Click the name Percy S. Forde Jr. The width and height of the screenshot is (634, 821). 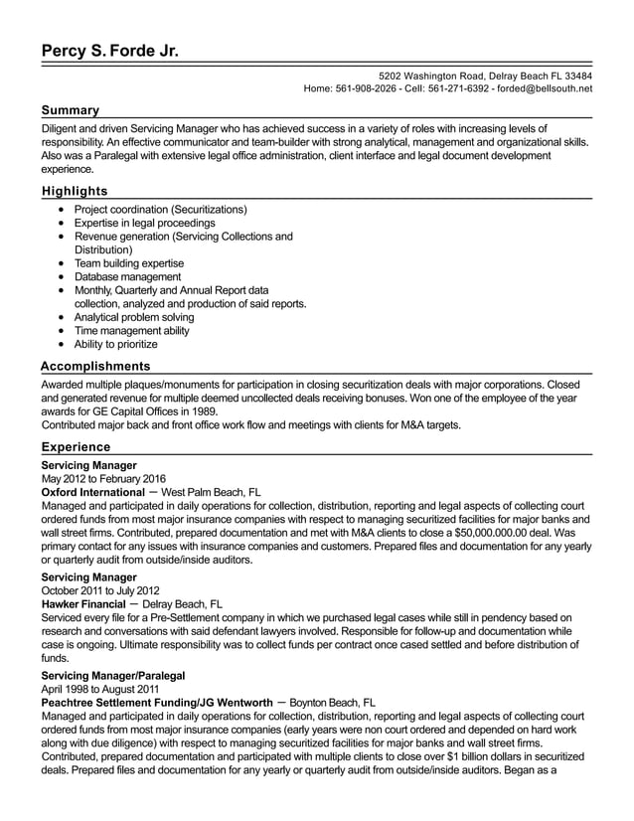[x=110, y=51]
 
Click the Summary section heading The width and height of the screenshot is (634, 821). [x=70, y=110]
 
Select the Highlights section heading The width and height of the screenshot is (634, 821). [x=75, y=191]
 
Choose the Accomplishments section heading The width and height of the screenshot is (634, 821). [x=95, y=366]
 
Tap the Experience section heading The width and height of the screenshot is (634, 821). [x=76, y=447]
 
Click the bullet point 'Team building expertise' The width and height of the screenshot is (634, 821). [x=129, y=263]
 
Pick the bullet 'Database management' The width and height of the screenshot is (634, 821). [x=127, y=277]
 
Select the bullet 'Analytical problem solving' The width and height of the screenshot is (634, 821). [x=134, y=317]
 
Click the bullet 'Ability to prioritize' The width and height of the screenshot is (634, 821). [x=116, y=344]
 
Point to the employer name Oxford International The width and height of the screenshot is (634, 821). [x=92, y=492]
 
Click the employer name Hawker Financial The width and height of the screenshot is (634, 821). [x=83, y=603]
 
